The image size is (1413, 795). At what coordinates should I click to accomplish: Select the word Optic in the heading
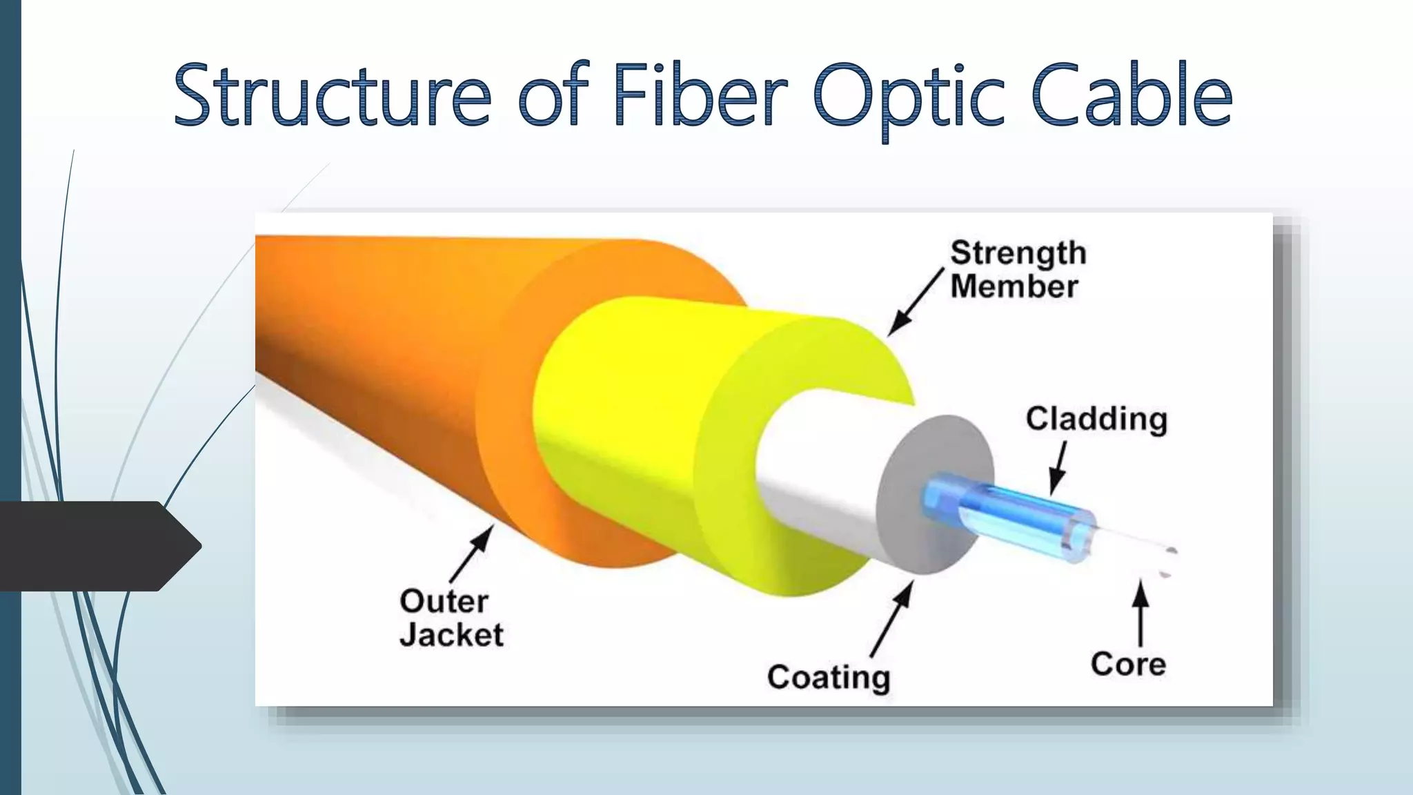[908, 97]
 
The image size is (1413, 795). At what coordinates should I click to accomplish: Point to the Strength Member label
[1017, 270]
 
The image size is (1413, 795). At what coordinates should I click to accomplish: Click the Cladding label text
[1096, 419]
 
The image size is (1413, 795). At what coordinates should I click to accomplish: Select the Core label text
[1128, 664]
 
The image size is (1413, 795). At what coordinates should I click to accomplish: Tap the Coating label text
[828, 677]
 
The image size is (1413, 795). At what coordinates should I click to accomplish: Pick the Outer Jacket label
[450, 618]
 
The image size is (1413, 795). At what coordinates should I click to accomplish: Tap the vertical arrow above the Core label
[1140, 614]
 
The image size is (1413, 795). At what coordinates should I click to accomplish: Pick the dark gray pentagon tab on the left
[97, 546]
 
